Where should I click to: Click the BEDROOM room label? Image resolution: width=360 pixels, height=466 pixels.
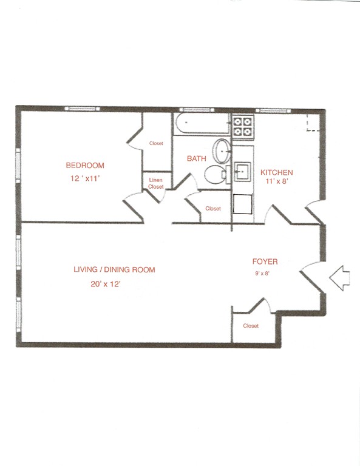pyautogui.click(x=85, y=165)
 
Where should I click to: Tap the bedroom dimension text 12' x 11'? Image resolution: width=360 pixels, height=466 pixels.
pyautogui.click(x=85, y=179)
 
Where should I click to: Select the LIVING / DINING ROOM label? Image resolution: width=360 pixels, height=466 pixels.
pyautogui.click(x=114, y=270)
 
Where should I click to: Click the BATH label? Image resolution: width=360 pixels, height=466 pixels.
pyautogui.click(x=196, y=158)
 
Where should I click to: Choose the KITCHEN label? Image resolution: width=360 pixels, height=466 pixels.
pyautogui.click(x=277, y=172)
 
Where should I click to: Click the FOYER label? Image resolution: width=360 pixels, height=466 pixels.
pyautogui.click(x=265, y=262)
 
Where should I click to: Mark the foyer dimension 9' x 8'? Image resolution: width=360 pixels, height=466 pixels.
pyautogui.click(x=263, y=273)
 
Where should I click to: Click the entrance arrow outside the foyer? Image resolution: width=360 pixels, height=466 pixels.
pyautogui.click(x=341, y=277)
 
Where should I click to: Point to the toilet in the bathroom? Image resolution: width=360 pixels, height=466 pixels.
pyautogui.click(x=214, y=175)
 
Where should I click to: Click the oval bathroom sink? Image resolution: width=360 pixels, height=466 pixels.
pyautogui.click(x=222, y=149)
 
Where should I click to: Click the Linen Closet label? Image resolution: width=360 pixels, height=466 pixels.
pyautogui.click(x=156, y=184)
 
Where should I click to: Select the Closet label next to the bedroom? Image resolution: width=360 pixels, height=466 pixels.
pyautogui.click(x=156, y=144)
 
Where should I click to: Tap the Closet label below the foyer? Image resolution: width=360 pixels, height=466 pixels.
pyautogui.click(x=251, y=326)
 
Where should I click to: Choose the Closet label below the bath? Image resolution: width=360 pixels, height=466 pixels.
pyautogui.click(x=213, y=209)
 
